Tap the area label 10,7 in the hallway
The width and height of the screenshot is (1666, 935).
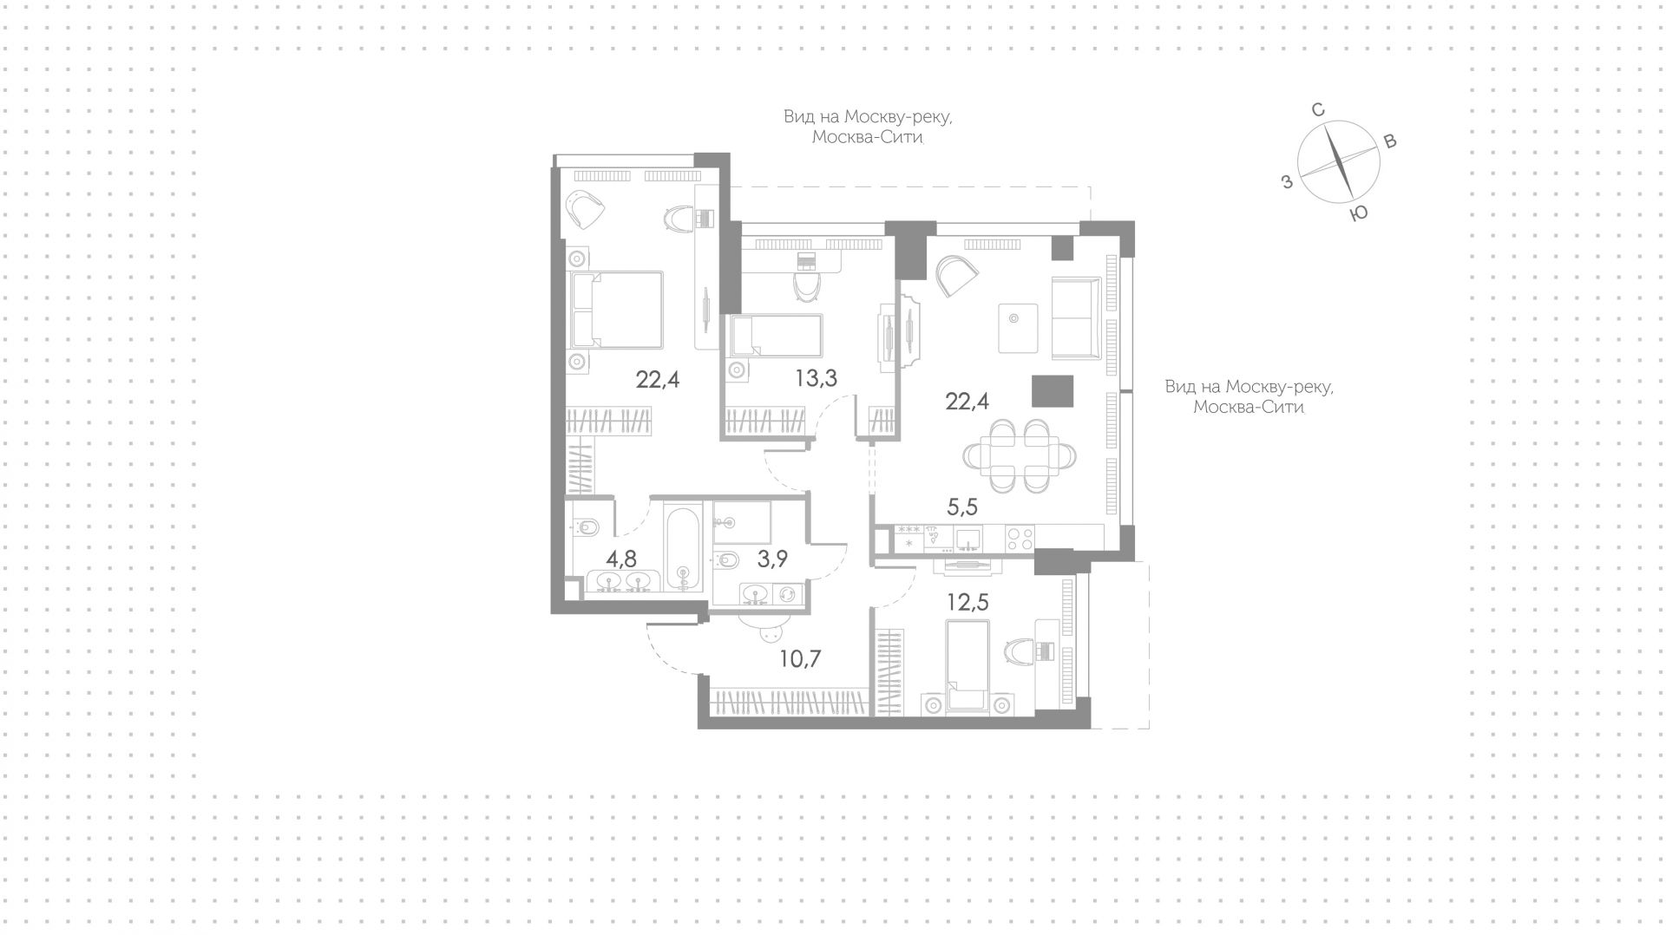[x=800, y=659]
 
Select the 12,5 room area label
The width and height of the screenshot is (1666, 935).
[x=967, y=602]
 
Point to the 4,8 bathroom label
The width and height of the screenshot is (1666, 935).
[x=621, y=559]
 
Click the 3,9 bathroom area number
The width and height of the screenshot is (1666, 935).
[x=772, y=559]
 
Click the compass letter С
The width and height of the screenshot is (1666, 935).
[x=1317, y=110]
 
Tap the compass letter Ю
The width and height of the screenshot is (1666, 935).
[x=1360, y=213]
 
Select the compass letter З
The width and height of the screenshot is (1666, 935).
[x=1288, y=181]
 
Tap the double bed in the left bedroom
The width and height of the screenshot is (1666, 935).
[x=616, y=310]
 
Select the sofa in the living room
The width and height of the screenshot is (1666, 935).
[x=1076, y=317]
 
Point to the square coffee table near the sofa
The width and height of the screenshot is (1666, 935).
[x=1018, y=328]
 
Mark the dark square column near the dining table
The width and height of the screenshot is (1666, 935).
[x=1053, y=390]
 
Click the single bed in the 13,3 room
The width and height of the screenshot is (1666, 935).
[x=774, y=336]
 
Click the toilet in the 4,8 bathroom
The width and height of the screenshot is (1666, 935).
[x=586, y=526]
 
